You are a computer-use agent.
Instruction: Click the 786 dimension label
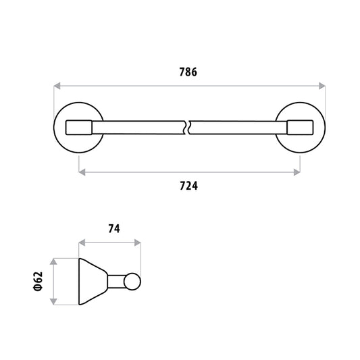pyautogui.click(x=188, y=72)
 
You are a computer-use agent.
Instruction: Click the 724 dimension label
pyautogui.click(x=188, y=186)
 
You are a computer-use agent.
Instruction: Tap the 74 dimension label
pyautogui.click(x=114, y=229)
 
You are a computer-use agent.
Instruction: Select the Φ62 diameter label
pyautogui.click(x=38, y=282)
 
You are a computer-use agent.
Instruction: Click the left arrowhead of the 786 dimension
pyautogui.click(x=57, y=86)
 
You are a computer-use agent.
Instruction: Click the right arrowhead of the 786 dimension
pyautogui.click(x=322, y=86)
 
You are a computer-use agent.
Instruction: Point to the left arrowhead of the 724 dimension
pyautogui.click(x=82, y=172)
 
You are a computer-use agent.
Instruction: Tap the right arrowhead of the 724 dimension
pyautogui.click(x=297, y=172)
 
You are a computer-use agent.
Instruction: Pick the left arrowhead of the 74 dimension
pyautogui.click(x=82, y=242)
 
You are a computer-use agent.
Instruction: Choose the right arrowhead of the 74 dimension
pyautogui.click(x=138, y=242)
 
